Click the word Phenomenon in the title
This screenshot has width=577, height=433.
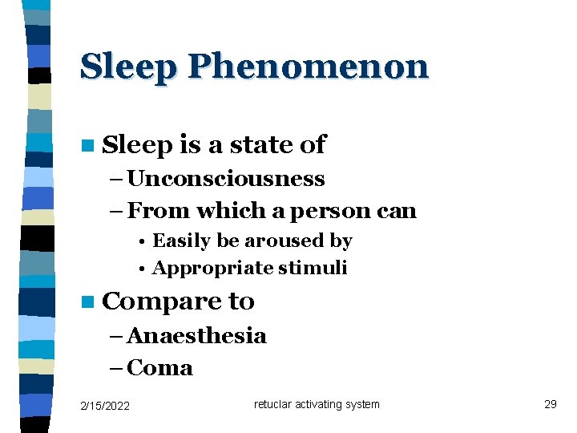tap(308, 67)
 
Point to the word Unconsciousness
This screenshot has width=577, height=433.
tap(225, 178)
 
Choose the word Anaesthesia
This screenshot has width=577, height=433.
tap(196, 335)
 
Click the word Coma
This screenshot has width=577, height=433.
tap(160, 368)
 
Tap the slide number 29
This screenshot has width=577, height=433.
tap(550, 404)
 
